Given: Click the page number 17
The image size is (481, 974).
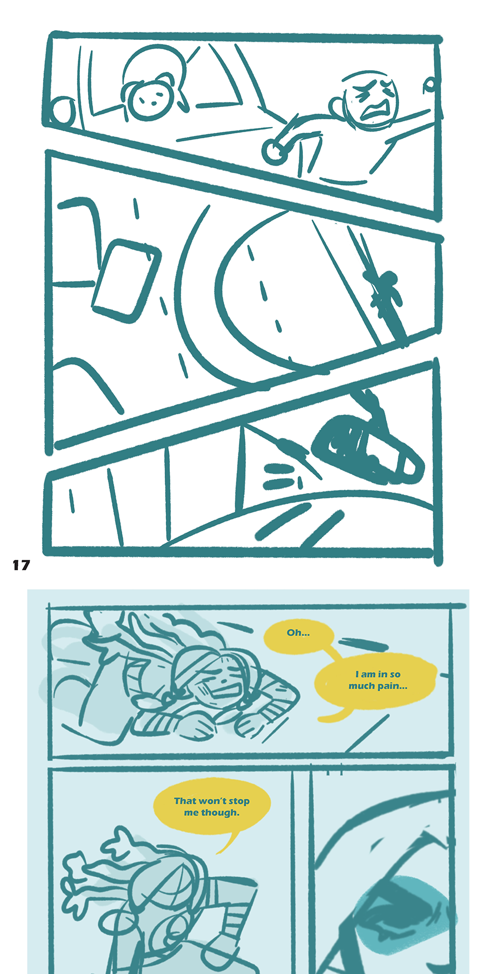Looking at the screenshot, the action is (x=21, y=565).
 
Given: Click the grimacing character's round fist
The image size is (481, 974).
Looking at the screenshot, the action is (x=276, y=149).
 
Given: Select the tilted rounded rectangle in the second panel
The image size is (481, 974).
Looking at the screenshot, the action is (x=126, y=281).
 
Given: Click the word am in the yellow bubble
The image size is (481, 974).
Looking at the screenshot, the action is (x=368, y=674).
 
